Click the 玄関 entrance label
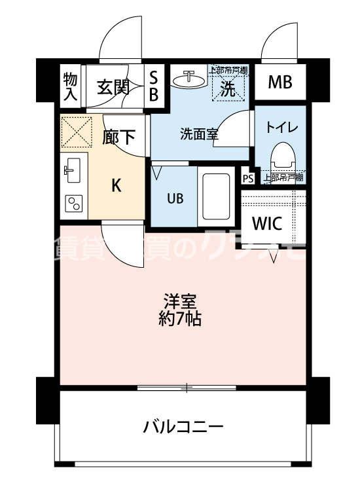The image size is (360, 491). pos(113,87)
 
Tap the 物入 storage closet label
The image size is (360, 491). pos(70,87)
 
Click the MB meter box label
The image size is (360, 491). pos(280,83)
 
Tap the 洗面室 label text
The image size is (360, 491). pos(199,134)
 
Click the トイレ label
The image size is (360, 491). pos(281,127)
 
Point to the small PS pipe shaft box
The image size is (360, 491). pos(247,178)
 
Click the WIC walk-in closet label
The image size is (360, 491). pos(267,223)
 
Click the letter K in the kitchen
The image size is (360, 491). pos(115,185)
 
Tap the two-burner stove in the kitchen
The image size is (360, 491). pos(72,205)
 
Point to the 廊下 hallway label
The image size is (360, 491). pos(119,136)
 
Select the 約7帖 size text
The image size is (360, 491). pos(181,320)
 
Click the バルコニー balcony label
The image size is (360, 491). pos(183,428)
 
